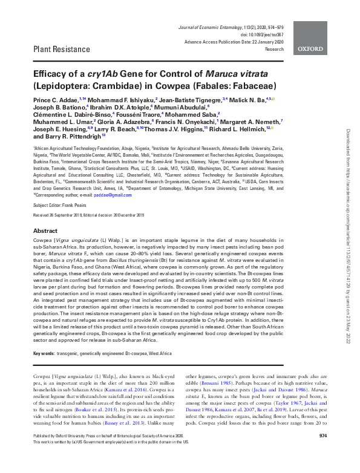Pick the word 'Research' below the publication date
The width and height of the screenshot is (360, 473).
[x=274, y=50]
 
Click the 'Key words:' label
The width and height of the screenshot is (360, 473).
[x=44, y=351]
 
